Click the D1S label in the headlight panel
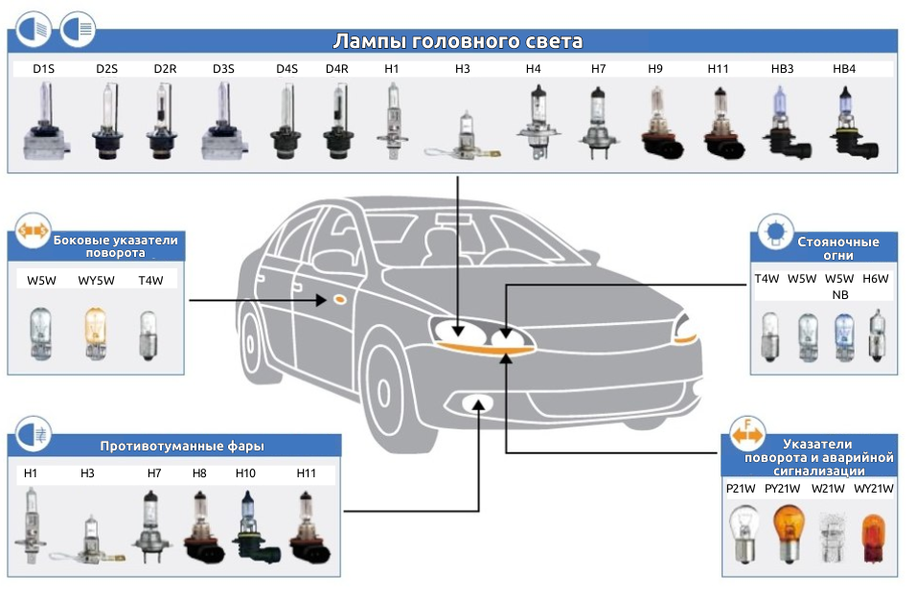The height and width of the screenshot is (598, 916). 45,69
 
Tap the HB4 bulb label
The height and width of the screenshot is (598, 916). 844,69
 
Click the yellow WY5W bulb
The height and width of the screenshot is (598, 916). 94,333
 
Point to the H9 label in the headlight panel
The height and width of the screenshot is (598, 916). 655,69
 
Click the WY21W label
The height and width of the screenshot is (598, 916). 873,489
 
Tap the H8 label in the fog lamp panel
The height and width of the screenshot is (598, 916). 198,473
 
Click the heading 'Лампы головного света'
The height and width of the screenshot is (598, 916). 457,41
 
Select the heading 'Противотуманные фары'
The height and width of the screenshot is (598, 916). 182,446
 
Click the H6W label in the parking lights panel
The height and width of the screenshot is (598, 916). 876,279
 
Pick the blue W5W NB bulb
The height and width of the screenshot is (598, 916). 842,336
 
